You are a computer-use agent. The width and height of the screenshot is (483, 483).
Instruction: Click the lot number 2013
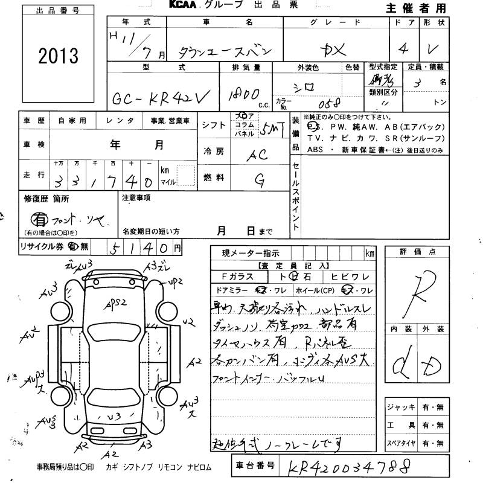[x=58, y=56]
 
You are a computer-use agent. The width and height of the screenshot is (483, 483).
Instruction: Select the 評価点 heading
[x=417, y=252]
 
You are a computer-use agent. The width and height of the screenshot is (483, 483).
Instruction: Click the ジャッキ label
[x=400, y=408]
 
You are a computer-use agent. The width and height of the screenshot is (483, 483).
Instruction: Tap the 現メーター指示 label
[x=251, y=253]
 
